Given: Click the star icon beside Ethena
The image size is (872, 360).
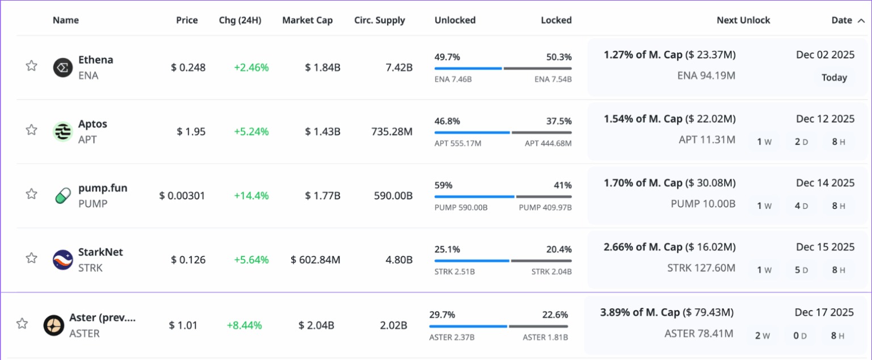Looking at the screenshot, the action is [32, 66].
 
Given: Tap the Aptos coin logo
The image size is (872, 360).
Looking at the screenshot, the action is [62, 132].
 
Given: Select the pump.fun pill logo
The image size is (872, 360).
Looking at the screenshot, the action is [62, 196].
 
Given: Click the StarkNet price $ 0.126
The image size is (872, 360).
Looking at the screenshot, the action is [188, 259].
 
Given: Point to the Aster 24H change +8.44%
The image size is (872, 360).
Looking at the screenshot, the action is [245, 325].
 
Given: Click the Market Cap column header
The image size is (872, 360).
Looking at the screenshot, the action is [308, 20].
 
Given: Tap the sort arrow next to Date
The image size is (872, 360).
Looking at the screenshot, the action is [861, 20].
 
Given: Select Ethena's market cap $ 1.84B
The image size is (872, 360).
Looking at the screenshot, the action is [322, 68].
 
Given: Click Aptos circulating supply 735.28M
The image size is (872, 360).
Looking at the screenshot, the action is [392, 132].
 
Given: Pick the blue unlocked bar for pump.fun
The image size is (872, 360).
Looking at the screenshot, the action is [474, 196].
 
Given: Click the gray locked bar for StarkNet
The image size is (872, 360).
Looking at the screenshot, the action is [542, 261].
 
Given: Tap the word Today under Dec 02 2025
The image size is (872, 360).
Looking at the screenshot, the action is [834, 77].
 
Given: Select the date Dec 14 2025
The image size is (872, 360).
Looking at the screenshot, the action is [825, 183].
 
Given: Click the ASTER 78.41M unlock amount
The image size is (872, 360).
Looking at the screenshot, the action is [699, 333].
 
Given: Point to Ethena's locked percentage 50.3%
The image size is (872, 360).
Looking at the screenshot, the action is [559, 57].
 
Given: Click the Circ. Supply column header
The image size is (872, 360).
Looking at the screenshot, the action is [380, 20].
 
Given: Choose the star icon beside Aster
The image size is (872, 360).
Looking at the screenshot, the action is [22, 324].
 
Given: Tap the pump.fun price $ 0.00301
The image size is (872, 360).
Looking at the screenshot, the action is [182, 195].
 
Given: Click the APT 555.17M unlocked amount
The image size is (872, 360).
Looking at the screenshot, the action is [458, 143].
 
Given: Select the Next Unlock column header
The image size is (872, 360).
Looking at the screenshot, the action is [744, 20].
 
